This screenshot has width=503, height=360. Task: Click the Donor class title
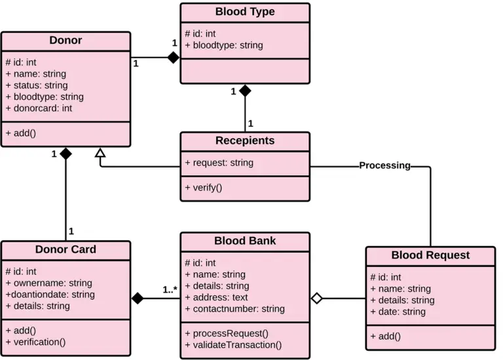65,41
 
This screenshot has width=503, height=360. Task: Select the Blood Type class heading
245,12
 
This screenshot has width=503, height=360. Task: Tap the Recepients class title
245,141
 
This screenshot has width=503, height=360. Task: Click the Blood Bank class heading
245,241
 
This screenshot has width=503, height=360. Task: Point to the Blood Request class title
430,255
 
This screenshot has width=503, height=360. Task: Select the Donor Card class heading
65,249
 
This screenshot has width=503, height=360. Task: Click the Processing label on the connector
384,166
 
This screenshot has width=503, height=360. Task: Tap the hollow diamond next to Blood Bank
317,298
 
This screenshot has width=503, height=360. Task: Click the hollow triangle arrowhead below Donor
100,153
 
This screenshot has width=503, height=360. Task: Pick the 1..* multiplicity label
170,289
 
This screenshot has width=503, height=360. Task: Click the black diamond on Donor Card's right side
138,298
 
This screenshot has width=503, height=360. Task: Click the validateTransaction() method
233,345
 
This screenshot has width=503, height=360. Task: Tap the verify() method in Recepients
204,187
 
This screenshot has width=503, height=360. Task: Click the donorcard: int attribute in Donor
39,108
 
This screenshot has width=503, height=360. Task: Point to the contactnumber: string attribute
234,308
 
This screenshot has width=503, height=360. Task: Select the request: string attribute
219,162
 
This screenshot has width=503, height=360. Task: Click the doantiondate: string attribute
50,295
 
